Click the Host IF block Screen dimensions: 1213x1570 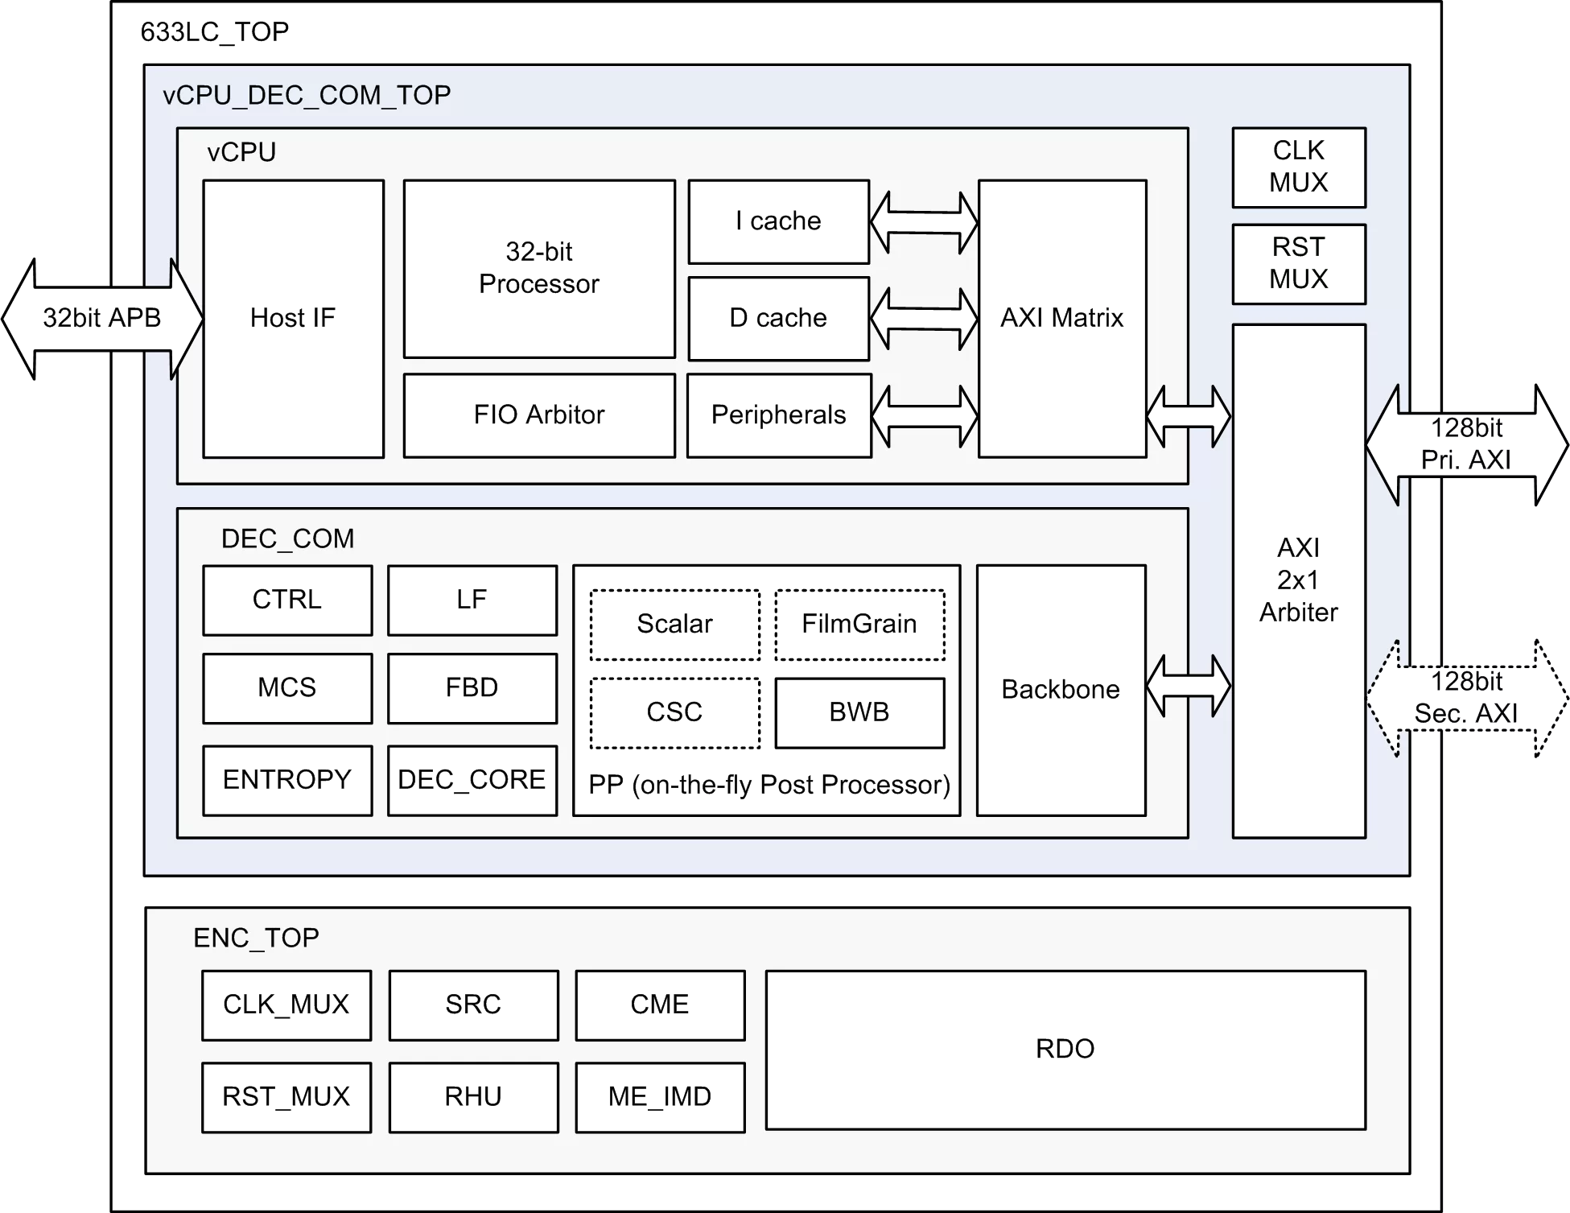(293, 319)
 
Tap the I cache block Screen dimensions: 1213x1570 (778, 221)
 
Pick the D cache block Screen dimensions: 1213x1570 (778, 318)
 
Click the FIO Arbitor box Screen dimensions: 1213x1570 (539, 415)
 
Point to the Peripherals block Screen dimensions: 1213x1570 (779, 415)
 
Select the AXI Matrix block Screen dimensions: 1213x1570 (1061, 318)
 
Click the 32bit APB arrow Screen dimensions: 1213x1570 (101, 318)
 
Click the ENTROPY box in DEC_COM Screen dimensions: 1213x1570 (286, 780)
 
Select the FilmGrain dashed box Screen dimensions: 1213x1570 (859, 625)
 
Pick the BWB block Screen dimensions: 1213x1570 (859, 712)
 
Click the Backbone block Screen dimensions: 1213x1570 (1061, 690)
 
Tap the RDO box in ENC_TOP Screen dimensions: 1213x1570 (1065, 1050)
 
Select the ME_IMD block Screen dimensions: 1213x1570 (660, 1096)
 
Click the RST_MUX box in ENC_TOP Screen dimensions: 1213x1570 (286, 1096)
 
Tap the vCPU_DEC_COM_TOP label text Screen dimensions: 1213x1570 (307, 95)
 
